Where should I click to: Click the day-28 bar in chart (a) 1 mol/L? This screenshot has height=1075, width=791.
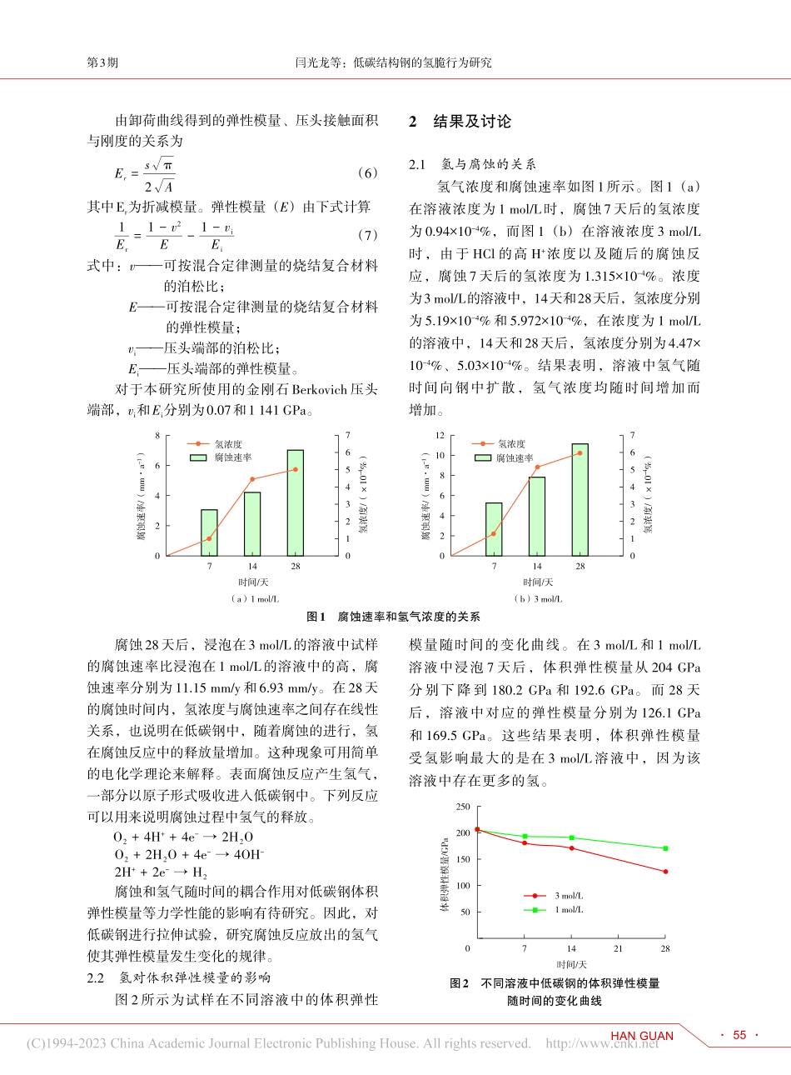(295, 503)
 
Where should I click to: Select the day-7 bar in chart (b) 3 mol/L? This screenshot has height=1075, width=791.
(494, 529)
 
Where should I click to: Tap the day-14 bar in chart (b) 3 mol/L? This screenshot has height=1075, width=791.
(537, 516)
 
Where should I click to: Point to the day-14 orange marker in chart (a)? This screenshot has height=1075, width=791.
(252, 479)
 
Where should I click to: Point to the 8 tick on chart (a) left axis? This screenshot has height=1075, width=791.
(157, 435)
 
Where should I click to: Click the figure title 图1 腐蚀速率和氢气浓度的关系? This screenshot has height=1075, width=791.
(394, 617)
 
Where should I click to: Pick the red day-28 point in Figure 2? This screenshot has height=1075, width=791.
(664, 872)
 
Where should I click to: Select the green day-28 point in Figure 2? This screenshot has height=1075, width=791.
(664, 848)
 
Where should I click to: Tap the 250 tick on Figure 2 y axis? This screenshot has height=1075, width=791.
(463, 807)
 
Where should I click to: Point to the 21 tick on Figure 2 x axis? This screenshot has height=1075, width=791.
(618, 948)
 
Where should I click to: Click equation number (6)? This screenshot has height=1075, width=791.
(366, 172)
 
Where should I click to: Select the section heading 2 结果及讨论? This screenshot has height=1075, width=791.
(460, 122)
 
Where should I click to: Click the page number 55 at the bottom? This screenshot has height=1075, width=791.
(739, 1035)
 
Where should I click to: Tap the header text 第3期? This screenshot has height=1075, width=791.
(102, 62)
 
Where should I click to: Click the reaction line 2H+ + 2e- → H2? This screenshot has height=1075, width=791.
(161, 872)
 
